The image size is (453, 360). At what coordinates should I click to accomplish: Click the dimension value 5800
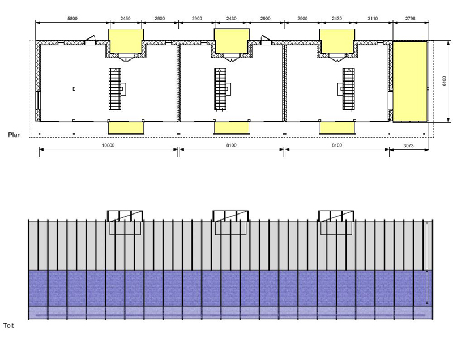pos(72,19)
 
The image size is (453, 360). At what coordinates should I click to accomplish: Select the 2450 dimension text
pos(125,19)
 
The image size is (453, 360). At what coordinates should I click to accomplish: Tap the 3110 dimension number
pos(373,19)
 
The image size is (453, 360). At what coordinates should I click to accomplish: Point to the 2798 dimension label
pos(410,19)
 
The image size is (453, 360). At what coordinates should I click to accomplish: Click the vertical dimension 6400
pos(445,81)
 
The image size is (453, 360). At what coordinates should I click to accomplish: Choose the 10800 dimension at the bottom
pos(108,145)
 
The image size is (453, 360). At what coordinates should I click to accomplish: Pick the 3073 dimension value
pos(408,145)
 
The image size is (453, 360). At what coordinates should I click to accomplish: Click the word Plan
pos(14,135)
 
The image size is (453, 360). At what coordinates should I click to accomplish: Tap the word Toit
pos(8,325)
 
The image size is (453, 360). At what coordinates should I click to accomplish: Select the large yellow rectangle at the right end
pos(409,82)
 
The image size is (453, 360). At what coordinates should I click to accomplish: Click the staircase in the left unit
pos(115,89)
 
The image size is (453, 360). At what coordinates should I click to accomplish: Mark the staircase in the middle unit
pos(220,89)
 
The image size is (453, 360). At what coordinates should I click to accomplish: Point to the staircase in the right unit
pos(348,89)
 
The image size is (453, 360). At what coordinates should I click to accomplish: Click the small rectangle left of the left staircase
pos(74,89)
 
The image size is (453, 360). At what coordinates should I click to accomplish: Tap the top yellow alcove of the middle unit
pos(232,41)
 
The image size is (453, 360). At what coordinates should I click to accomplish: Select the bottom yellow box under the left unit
pos(126,128)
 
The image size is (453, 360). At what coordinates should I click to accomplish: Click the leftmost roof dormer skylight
pos(125,216)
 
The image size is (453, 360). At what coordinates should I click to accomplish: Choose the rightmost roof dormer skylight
pos(336,216)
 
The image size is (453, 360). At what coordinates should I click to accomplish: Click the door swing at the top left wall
pos(89,40)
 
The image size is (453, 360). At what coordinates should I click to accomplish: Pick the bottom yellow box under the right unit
pos(337,128)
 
